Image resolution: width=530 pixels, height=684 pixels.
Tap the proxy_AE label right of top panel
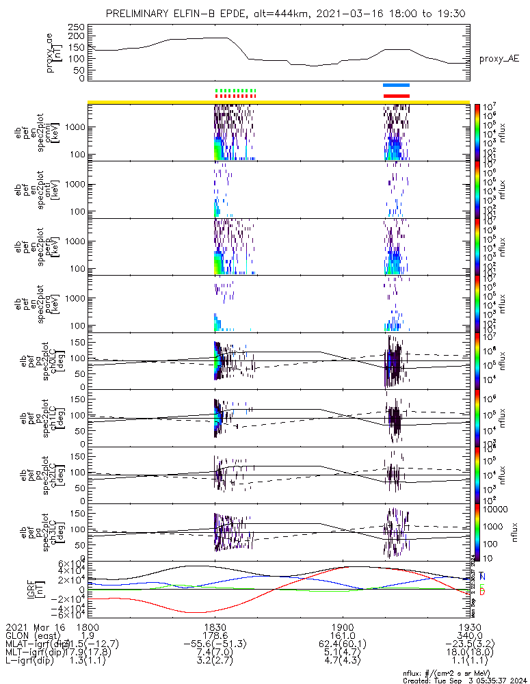coord(498,60)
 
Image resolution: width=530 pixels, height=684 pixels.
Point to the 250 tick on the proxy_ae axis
coord(81,27)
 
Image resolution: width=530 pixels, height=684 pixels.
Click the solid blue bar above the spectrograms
coord(396,85)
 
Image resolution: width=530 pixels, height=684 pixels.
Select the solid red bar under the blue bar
coord(396,96)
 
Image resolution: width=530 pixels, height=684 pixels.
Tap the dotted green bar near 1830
coord(235,90)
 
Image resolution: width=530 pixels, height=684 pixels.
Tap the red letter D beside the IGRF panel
coord(483,592)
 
